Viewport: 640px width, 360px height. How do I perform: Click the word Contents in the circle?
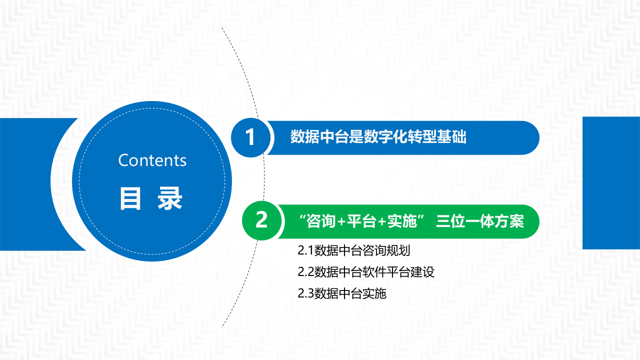[x=152, y=160]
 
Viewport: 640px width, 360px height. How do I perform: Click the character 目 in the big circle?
[x=130, y=198]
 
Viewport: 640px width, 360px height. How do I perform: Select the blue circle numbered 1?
[x=250, y=137]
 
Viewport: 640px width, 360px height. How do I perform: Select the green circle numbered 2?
[x=261, y=220]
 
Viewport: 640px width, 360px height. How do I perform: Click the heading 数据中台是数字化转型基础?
[x=378, y=137]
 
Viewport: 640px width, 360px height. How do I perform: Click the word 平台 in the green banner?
[x=361, y=221]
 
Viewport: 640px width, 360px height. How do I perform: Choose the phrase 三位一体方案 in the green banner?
[x=480, y=221]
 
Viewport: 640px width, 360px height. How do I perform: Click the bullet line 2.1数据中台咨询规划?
[x=353, y=250]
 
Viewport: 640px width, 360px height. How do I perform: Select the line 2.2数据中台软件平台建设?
[x=365, y=272]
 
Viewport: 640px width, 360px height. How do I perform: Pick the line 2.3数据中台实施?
[x=342, y=293]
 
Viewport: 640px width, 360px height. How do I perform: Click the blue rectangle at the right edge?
[x=611, y=182]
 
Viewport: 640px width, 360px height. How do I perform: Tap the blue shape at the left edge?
[x=30, y=184]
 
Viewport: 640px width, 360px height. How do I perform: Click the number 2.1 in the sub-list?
[x=305, y=250]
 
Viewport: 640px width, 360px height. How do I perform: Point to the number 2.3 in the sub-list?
[x=305, y=293]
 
